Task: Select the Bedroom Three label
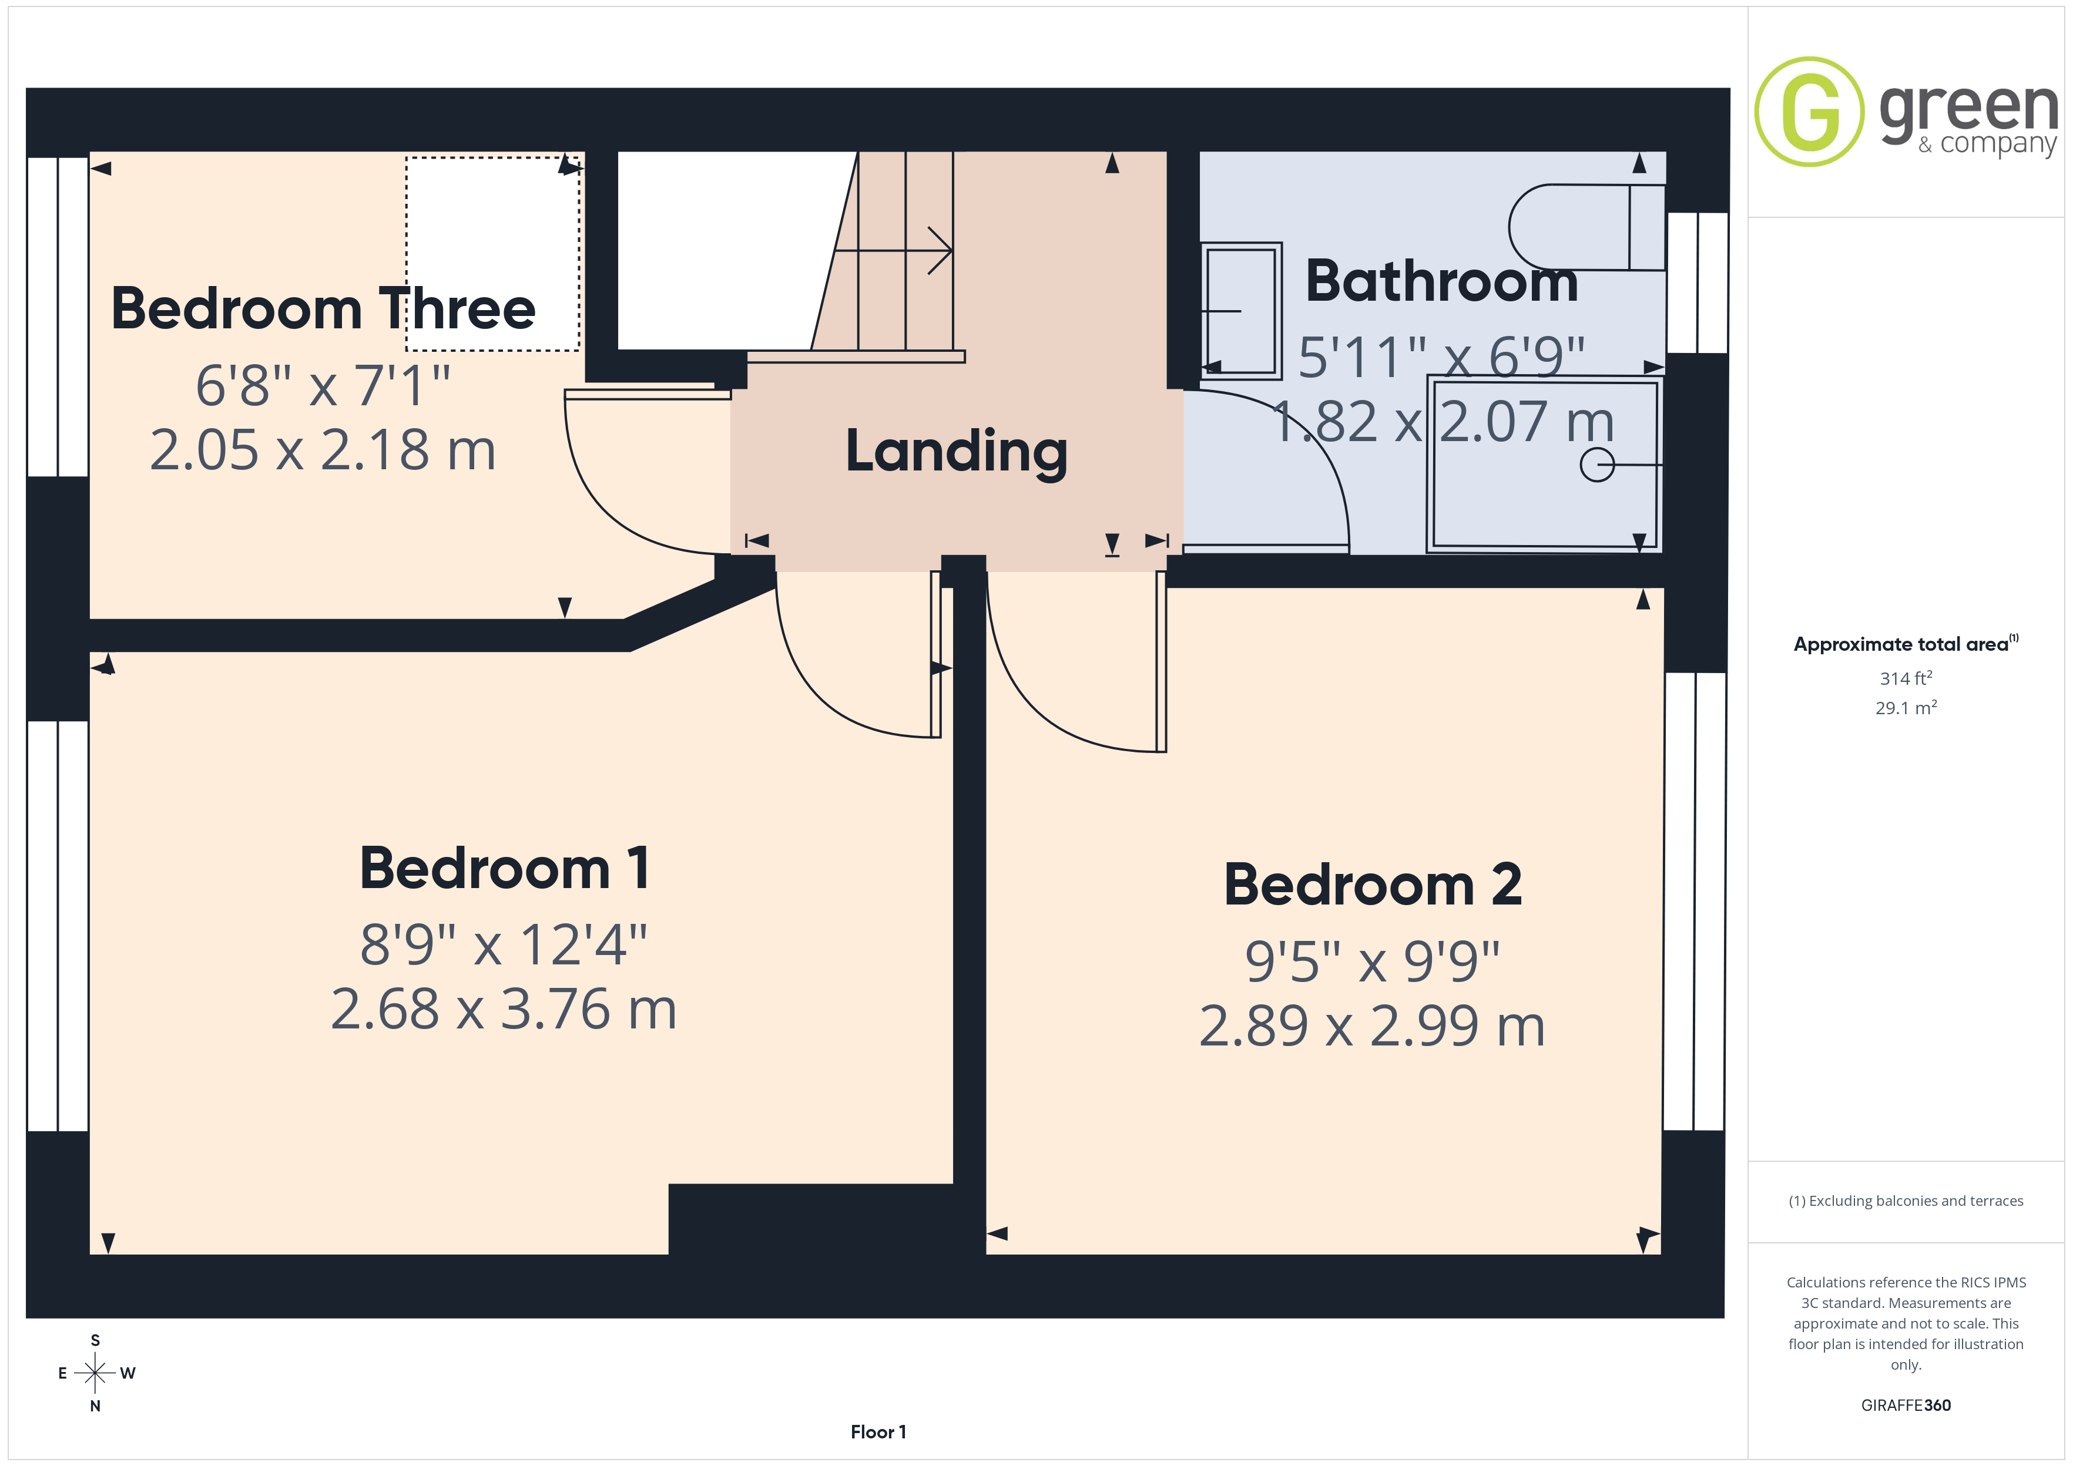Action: (323, 309)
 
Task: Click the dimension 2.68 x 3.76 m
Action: (504, 1009)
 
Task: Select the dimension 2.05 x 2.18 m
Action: (323, 449)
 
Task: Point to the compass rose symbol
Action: (95, 1373)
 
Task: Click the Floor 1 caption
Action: (878, 1432)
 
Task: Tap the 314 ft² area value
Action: (1906, 678)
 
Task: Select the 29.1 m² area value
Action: (1906, 708)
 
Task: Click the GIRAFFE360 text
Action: (1906, 1406)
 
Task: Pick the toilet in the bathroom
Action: (1586, 227)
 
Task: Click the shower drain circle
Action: (1596, 465)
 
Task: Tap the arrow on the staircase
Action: (893, 250)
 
